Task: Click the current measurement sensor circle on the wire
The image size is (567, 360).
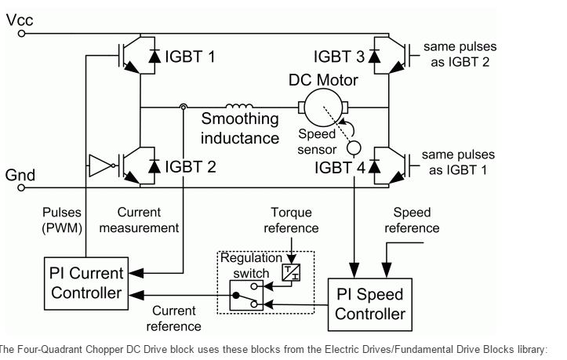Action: pyautogui.click(x=183, y=107)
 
